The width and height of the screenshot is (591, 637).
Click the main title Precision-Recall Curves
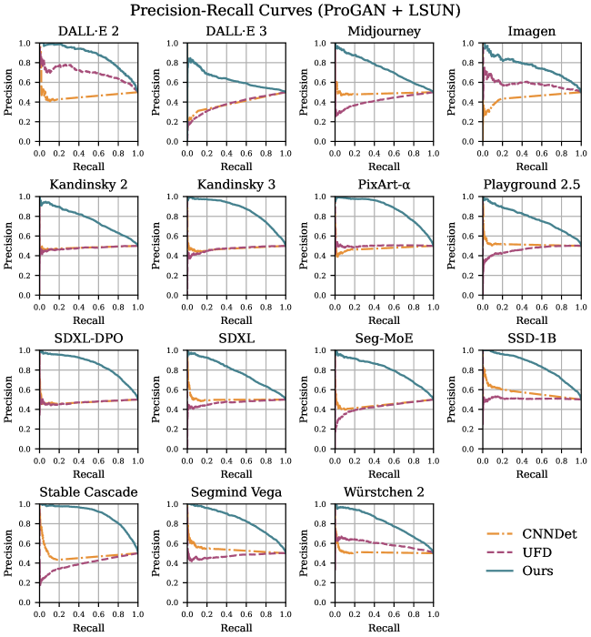click(x=295, y=12)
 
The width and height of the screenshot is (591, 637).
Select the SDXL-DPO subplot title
click(x=88, y=339)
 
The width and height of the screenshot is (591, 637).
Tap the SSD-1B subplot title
click(x=531, y=339)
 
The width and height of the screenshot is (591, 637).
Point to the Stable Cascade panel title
click(x=88, y=492)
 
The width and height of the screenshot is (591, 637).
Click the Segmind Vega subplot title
click(x=235, y=492)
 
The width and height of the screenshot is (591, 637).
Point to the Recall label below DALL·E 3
click(x=235, y=167)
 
